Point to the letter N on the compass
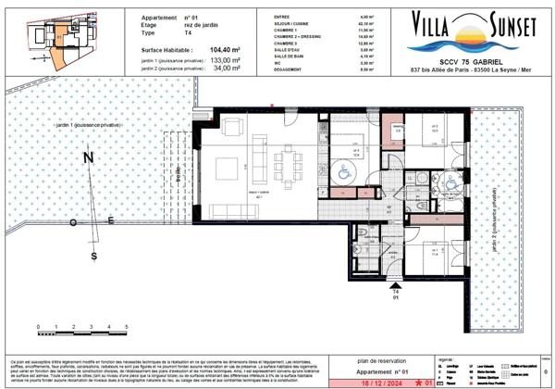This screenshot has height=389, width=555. pyautogui.click(x=89, y=158)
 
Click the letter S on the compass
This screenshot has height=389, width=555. pyautogui.click(x=93, y=256)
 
